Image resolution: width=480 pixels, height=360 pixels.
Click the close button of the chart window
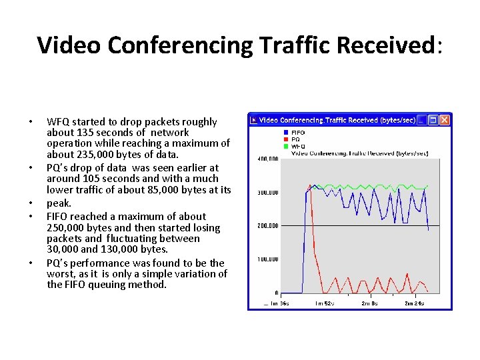click(445, 120)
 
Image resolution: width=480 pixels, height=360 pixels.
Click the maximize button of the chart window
click(433, 120)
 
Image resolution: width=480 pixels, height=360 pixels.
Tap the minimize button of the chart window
click(422, 120)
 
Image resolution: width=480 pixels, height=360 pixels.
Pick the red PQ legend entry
click(295, 139)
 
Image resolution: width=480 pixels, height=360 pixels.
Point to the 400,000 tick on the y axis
click(267, 159)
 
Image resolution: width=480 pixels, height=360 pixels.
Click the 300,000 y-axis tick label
click(267, 193)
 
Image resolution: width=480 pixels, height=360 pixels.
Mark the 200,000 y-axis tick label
click(267, 226)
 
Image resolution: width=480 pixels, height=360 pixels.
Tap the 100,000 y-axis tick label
click(267, 259)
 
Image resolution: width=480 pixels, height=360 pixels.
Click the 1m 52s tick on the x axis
click(325, 303)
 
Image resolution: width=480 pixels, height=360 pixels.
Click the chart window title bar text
click(337, 120)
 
